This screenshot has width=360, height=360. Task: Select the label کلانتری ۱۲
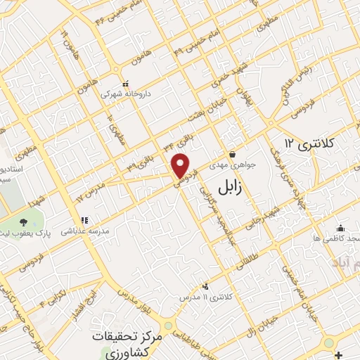pos(310,143)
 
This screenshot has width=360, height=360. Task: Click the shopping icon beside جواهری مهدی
pos(232,155)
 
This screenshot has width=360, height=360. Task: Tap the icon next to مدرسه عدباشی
pos(84,221)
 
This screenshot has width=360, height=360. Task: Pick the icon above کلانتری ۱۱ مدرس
pos(205,285)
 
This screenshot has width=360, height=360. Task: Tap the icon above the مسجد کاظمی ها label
pos(341,228)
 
